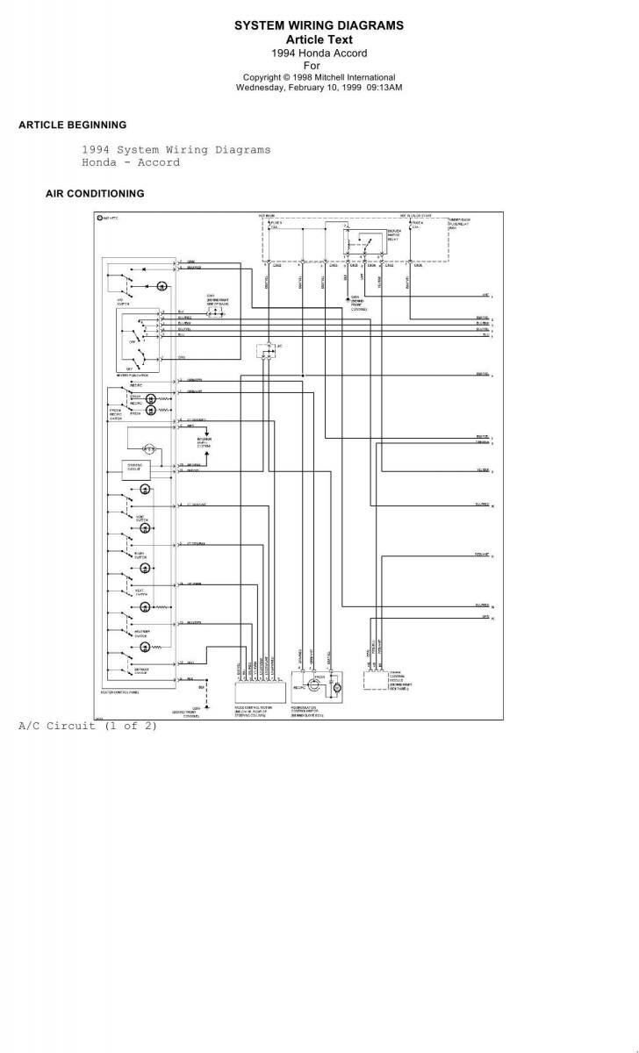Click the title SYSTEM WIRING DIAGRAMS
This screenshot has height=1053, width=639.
click(x=319, y=26)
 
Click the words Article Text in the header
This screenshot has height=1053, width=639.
click(x=319, y=39)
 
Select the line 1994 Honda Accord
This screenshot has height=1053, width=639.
click(x=319, y=53)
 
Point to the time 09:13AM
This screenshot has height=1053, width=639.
click(x=384, y=87)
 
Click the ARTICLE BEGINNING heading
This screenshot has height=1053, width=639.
click(x=72, y=125)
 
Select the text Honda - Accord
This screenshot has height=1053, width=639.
click(x=131, y=162)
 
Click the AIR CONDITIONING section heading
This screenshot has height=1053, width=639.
click(x=95, y=193)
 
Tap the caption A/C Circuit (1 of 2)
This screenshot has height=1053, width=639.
click(x=88, y=726)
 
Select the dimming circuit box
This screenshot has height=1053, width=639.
click(x=136, y=469)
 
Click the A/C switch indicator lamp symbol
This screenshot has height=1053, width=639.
click(x=162, y=287)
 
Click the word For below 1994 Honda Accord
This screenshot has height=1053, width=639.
click(x=312, y=65)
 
